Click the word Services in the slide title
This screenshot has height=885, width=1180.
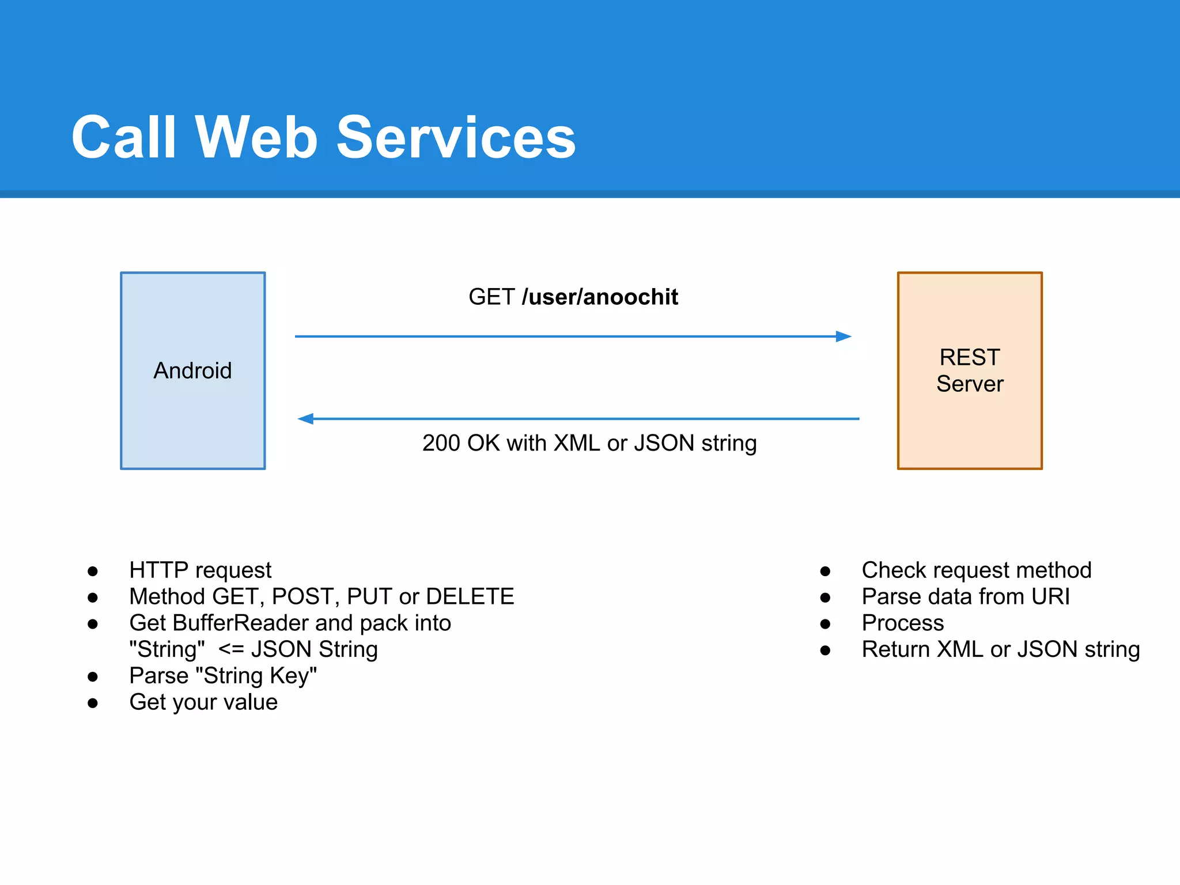[x=456, y=138]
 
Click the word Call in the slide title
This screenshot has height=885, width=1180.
[x=123, y=138]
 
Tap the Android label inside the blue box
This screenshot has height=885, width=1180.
[x=192, y=370]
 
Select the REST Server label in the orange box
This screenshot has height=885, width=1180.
[x=970, y=370]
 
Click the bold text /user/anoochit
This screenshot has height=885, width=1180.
[x=600, y=297]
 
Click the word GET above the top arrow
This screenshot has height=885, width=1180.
[x=491, y=297]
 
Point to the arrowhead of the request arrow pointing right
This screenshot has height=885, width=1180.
[x=844, y=336]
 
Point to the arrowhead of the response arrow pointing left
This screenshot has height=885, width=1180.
[x=306, y=419]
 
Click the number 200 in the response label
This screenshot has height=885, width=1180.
[x=441, y=443]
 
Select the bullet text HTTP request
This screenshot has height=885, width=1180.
[x=200, y=570]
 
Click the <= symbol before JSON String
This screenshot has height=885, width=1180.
[x=232, y=650]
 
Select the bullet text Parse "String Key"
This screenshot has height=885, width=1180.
[x=223, y=676]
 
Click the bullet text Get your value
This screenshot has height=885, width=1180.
[x=203, y=702]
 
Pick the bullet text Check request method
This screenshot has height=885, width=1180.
[x=977, y=570]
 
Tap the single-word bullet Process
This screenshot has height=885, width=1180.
[x=903, y=623]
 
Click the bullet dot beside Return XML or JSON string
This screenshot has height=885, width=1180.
[x=825, y=650]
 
